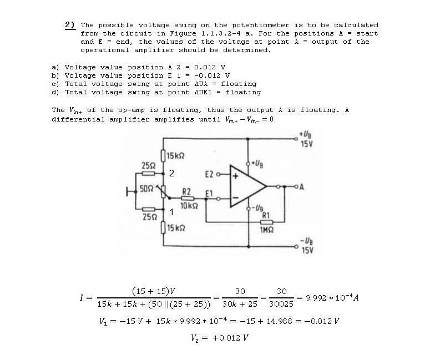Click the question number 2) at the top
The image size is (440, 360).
pos(70,24)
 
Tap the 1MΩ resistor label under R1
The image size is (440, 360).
pos(265,229)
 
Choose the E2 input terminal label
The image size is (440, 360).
pos(210,174)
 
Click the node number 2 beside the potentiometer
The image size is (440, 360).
pos(172,174)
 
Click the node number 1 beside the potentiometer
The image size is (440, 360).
pos(172,211)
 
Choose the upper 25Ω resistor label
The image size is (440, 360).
pos(148,165)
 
